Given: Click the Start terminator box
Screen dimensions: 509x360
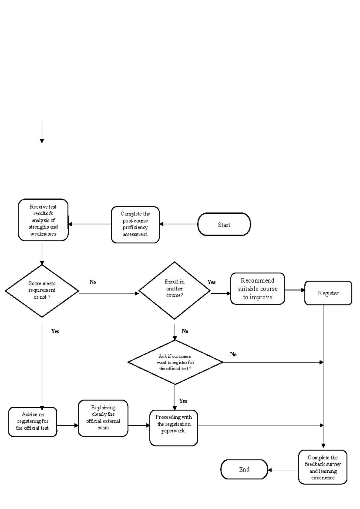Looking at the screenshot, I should (224, 224).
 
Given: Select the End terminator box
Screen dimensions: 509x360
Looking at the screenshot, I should (244, 469).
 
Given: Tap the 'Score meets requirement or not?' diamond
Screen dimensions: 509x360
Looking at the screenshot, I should (42, 291).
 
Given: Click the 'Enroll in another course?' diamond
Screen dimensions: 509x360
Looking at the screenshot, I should (174, 290).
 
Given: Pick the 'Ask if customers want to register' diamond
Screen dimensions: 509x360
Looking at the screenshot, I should (175, 362).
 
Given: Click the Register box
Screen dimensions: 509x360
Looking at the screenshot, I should (328, 293).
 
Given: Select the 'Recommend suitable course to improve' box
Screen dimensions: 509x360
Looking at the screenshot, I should (257, 289).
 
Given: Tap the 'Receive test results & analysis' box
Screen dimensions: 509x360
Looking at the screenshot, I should (43, 220).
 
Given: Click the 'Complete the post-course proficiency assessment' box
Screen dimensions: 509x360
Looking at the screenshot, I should (135, 224).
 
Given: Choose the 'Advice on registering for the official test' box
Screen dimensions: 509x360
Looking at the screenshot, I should (32, 421).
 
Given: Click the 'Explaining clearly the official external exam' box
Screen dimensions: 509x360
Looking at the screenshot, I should (103, 418).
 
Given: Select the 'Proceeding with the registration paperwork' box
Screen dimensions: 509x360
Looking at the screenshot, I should (173, 427).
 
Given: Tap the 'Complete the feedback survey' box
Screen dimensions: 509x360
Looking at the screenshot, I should (322, 467).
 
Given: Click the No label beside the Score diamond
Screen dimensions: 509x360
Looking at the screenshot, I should (93, 282).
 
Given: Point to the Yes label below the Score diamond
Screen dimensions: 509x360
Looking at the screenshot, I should (55, 331).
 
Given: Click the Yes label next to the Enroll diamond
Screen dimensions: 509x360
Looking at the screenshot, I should (211, 282).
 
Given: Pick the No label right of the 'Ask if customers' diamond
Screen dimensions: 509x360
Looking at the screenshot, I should (233, 354).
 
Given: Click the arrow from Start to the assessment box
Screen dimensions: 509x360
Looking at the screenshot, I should (178, 224).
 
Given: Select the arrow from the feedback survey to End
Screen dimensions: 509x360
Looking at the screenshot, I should (283, 470).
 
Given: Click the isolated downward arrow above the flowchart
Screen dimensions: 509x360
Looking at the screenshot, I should (42, 132).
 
